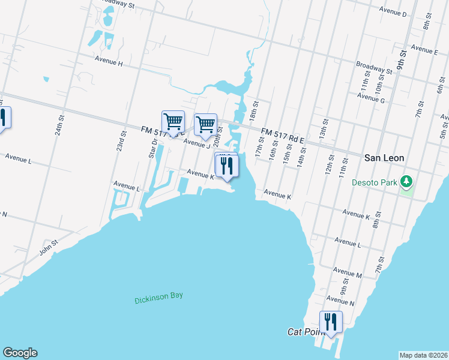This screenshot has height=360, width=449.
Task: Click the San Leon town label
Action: point(384,158)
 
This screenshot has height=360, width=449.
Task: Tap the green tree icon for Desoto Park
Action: point(407,181)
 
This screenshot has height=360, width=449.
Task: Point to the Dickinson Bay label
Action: point(158,296)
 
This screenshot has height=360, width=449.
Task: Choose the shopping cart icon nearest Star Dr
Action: point(173,122)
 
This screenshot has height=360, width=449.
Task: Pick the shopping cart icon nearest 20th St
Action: point(205,124)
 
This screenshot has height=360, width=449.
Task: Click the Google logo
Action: point(20,353)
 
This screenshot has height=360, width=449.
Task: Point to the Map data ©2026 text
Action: point(423,355)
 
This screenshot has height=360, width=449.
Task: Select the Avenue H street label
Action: point(109,62)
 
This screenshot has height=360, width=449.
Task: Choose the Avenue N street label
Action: point(340,299)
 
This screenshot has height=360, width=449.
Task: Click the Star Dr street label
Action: point(152,148)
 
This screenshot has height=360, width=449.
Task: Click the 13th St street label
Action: point(324,128)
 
